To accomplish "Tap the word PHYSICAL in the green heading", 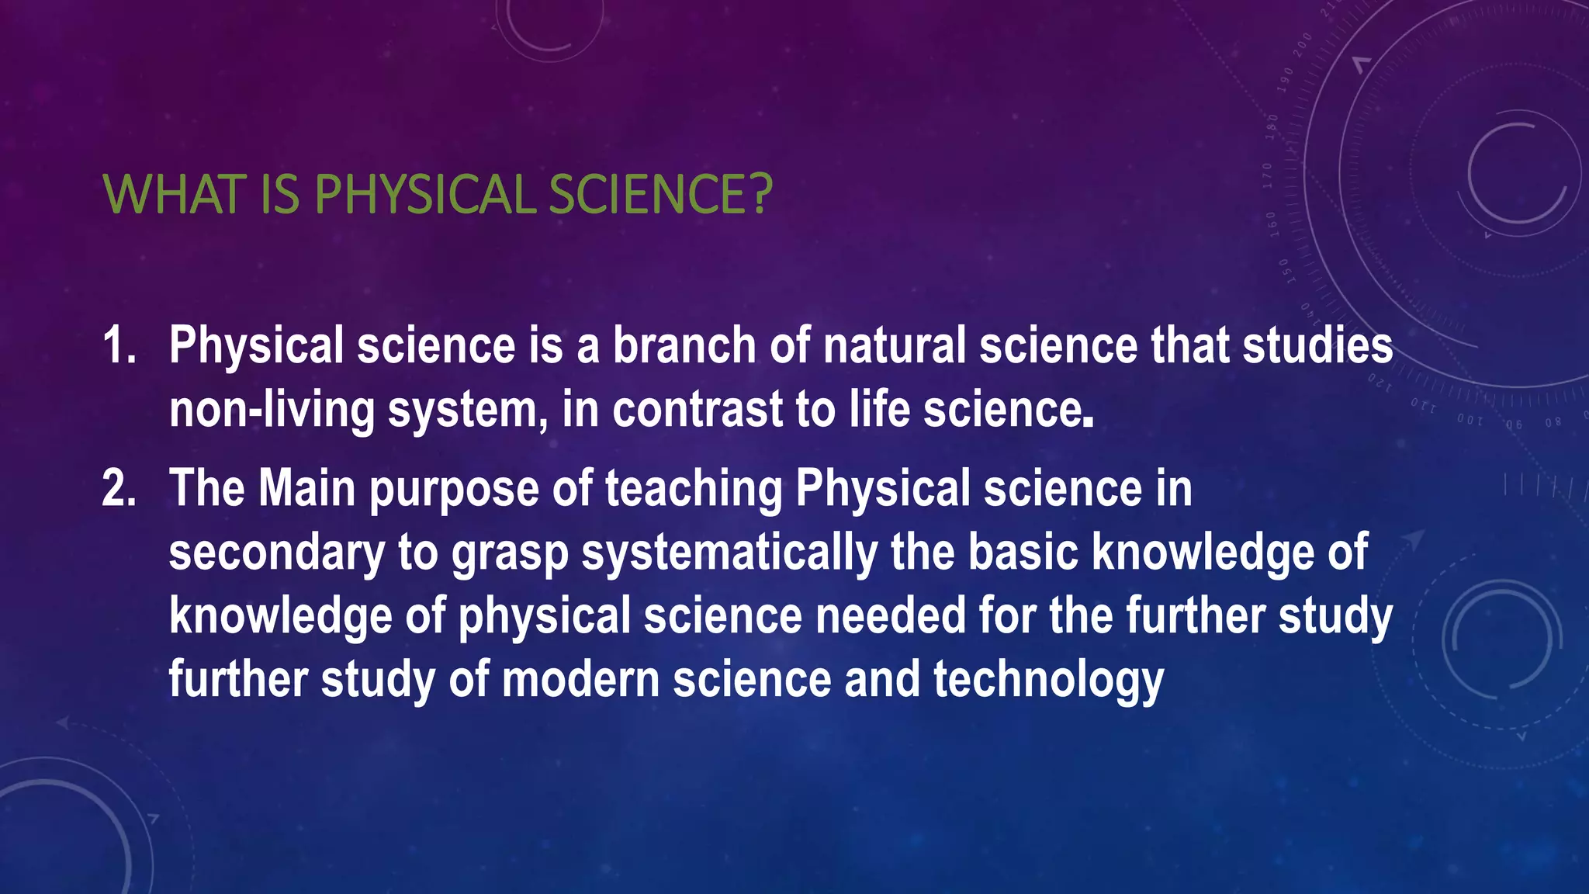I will click(x=425, y=194).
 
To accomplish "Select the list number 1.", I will click(x=118, y=345).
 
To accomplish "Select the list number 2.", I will click(x=119, y=488).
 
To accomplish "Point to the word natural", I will click(x=894, y=345).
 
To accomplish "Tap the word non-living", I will click(x=272, y=409).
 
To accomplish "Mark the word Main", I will click(x=306, y=488).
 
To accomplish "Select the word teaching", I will click(x=694, y=490).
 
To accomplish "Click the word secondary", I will click(x=276, y=553).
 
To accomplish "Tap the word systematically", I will click(x=730, y=553).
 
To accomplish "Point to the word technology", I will click(x=1048, y=681).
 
